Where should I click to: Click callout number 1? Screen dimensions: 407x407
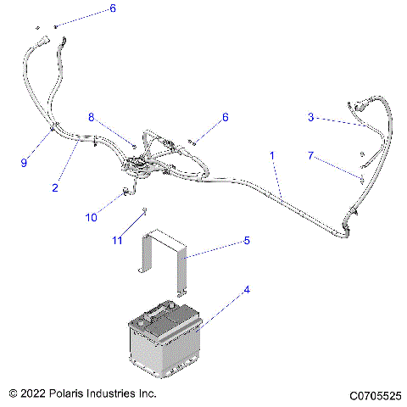click(271, 156)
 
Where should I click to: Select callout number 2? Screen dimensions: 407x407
click(54, 187)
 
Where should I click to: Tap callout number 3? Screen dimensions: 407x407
click(311, 118)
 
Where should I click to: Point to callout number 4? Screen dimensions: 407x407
click(247, 290)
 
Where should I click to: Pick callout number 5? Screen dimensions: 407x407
click(247, 241)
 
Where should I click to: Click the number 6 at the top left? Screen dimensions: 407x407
click(113, 9)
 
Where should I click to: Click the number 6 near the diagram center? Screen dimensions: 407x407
click(226, 118)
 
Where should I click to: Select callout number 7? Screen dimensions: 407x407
click(311, 156)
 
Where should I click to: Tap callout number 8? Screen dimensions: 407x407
click(92, 117)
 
